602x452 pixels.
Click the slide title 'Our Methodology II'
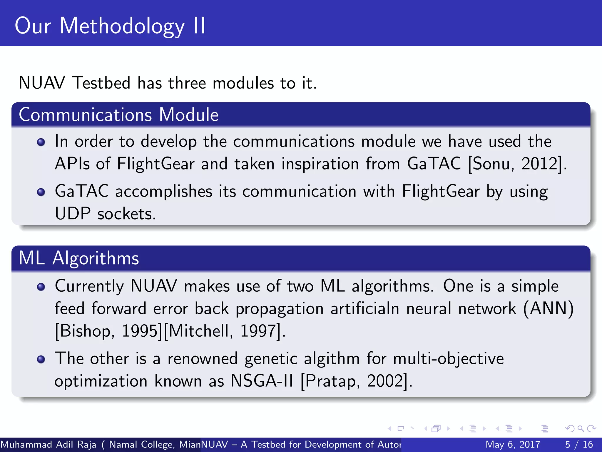(110, 26)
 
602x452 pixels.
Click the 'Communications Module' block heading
(118, 114)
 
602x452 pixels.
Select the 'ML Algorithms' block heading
(78, 258)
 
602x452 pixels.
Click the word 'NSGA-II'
(262, 381)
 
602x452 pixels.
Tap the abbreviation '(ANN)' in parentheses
(549, 308)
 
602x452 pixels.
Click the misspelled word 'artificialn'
(364, 308)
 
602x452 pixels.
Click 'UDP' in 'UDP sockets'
(73, 214)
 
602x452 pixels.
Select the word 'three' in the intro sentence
(187, 83)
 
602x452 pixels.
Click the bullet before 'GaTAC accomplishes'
(41, 192)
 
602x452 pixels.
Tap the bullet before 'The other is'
(41, 359)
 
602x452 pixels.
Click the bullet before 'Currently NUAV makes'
(41, 287)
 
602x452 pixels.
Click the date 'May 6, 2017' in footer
(513, 444)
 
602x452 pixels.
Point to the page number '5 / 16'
(579, 444)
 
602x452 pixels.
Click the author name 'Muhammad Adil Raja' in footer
(49, 444)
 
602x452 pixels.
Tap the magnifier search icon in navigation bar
(581, 428)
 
